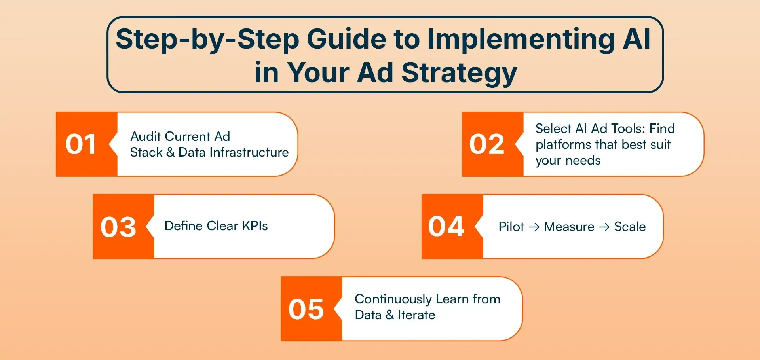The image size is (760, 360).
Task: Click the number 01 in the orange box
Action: coord(81,144)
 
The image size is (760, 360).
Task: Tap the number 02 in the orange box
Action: coord(486,144)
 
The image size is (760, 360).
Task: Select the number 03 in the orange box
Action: coord(118,227)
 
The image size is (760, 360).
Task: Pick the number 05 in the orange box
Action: coord(306,309)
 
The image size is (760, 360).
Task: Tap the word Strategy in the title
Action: coord(459,74)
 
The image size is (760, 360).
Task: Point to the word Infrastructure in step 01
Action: coord(249,152)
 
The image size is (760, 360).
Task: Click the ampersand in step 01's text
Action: coord(170,152)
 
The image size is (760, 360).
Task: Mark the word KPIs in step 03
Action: coord(255,226)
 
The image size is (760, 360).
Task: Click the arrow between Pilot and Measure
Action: coord(534,227)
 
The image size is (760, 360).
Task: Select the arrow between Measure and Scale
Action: coord(604,227)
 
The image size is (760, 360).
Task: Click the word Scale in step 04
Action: coord(630,227)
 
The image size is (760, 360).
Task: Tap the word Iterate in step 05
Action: coord(416,315)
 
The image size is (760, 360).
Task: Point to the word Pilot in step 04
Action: coord(511,227)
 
